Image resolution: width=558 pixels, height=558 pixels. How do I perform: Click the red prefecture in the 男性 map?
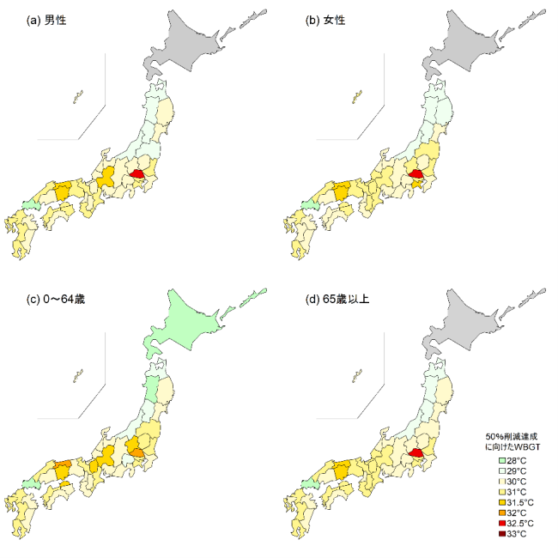(x=136, y=175)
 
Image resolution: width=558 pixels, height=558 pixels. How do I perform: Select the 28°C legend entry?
(x=512, y=462)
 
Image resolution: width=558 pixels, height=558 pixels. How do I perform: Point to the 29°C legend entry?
(x=512, y=472)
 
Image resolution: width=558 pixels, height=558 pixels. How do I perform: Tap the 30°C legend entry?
(x=512, y=482)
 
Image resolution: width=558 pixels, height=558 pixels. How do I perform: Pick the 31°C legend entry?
(x=512, y=493)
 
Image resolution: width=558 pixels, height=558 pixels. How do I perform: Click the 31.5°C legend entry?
(x=515, y=503)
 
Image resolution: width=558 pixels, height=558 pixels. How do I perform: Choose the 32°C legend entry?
(x=512, y=513)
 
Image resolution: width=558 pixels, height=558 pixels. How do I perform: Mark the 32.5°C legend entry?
(x=515, y=524)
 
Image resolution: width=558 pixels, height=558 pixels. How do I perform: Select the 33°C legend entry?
(x=512, y=534)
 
